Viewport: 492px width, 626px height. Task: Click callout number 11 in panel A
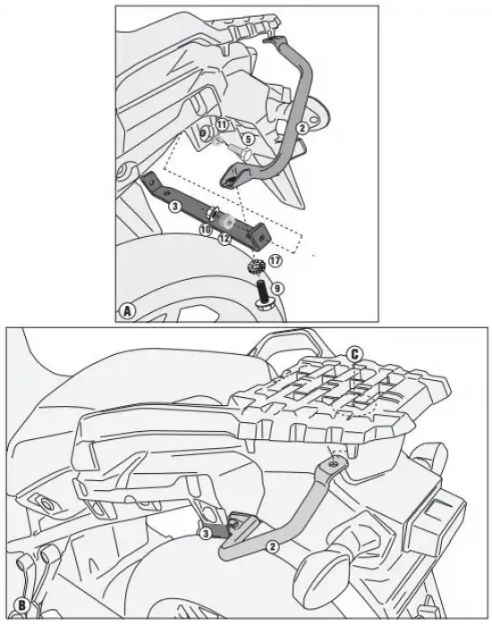click(x=222, y=124)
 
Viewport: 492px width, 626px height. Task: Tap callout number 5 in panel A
click(x=249, y=140)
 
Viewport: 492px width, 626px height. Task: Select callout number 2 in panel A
click(x=302, y=128)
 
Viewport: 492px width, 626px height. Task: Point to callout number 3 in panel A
click(x=175, y=207)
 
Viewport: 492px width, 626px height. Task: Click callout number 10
click(x=206, y=229)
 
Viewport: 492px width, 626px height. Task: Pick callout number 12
click(x=225, y=239)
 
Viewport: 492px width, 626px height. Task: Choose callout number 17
click(x=275, y=261)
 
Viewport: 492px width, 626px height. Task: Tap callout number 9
click(x=277, y=288)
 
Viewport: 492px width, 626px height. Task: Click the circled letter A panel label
click(x=127, y=310)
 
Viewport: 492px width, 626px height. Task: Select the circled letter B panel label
click(x=21, y=605)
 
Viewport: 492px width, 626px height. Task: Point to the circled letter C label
click(x=354, y=354)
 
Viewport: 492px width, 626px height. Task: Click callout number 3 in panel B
click(x=205, y=533)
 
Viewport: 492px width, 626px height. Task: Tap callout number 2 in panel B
click(x=273, y=546)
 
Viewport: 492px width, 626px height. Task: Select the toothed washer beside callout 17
click(x=254, y=266)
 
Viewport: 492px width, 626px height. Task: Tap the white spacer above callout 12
click(x=227, y=222)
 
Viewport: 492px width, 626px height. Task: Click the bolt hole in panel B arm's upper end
click(x=335, y=464)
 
